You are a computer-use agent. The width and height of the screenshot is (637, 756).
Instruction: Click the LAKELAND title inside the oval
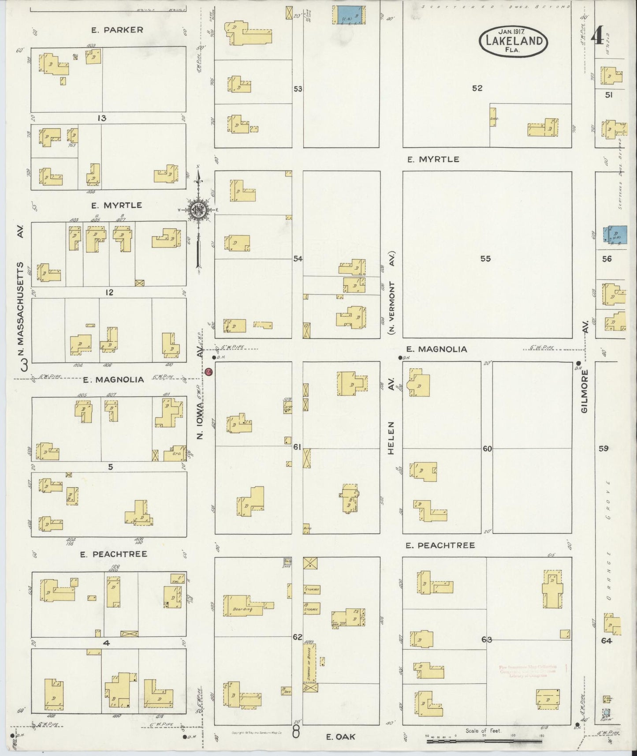point(514,41)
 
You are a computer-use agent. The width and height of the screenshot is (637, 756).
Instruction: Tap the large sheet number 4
point(597,35)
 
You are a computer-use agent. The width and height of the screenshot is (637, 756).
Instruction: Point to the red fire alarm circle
point(209,372)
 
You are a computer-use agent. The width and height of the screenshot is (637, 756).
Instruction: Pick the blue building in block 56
point(617,234)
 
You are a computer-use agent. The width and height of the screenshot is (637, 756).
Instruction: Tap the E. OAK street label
point(341,736)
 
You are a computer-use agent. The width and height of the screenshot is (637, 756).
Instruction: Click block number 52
point(477,88)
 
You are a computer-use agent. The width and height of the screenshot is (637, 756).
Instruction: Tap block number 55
point(485,259)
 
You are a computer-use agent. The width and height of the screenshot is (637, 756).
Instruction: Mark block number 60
point(487,449)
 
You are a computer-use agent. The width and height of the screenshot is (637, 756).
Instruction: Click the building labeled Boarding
point(243,609)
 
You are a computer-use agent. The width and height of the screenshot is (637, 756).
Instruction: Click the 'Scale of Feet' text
point(484,730)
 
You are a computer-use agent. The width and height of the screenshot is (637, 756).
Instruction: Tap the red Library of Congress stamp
point(525,671)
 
